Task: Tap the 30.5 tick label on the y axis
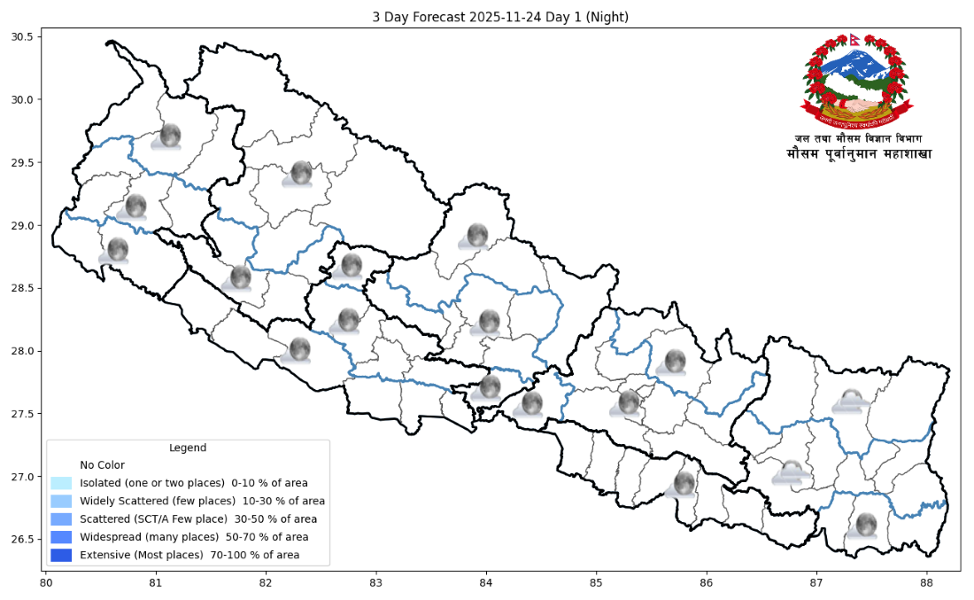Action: click(x=22, y=36)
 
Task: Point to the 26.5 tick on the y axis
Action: click(x=22, y=540)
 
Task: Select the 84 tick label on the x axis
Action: click(x=486, y=582)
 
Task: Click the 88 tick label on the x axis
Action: click(x=927, y=582)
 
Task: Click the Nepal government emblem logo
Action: click(x=856, y=82)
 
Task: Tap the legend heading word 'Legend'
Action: click(x=188, y=448)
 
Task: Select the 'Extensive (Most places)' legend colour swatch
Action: click(x=61, y=555)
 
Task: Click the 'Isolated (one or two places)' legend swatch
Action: click(x=61, y=483)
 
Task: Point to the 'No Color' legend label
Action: click(x=102, y=464)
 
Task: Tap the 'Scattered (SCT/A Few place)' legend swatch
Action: click(x=61, y=518)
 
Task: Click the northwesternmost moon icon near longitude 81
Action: click(x=169, y=136)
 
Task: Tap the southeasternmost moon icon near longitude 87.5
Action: click(x=864, y=525)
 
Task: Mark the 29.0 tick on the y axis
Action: click(x=22, y=225)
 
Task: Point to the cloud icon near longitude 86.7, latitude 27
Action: click(x=790, y=472)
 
